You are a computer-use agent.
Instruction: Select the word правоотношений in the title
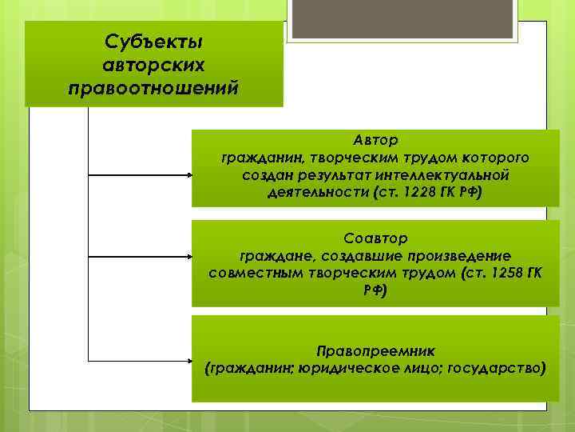(154, 86)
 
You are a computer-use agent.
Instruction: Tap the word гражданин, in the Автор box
(253, 157)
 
